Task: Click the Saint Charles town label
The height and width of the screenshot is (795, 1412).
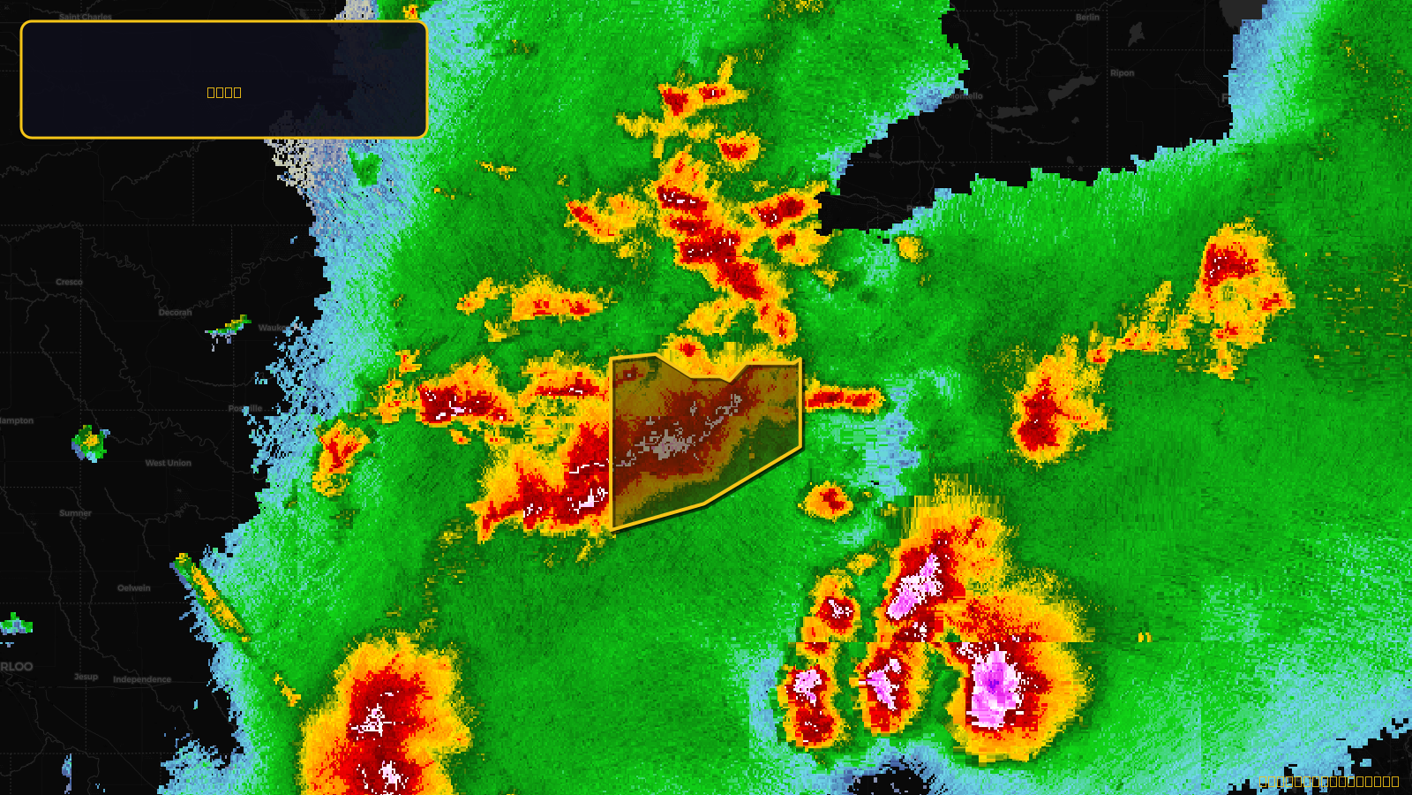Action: [x=85, y=17]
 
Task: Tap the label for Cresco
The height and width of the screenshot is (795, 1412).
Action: [x=69, y=283]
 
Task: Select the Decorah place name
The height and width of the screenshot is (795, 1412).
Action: [x=175, y=313]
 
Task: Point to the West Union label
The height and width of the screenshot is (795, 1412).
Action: [x=168, y=463]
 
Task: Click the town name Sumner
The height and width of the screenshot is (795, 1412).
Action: [x=75, y=513]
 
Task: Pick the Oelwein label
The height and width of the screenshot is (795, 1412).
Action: [x=134, y=588]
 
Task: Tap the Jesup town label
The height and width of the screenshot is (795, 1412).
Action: [x=86, y=677]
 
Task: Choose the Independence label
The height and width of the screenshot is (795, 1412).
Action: [x=142, y=679]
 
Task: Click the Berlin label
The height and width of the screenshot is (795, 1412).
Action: [x=1087, y=18]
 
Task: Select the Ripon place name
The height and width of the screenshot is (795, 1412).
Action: [x=1122, y=73]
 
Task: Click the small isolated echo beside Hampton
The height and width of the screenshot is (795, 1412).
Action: [x=89, y=442]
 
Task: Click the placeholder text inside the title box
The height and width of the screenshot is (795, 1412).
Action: [x=223, y=93]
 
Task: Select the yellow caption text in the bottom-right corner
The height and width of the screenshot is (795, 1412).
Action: [x=1331, y=782]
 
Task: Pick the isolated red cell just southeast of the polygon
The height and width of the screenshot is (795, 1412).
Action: [x=828, y=501]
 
